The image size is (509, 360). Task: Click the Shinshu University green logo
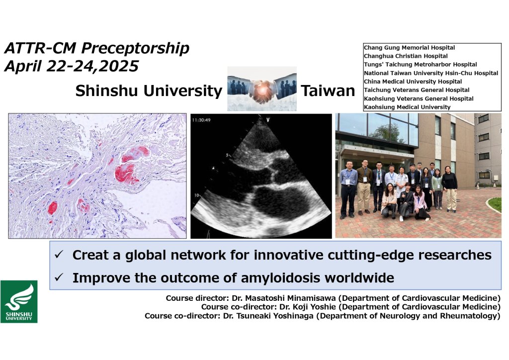click(x=19, y=301)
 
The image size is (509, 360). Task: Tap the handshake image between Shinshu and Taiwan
click(x=262, y=89)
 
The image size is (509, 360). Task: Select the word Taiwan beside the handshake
click(x=328, y=90)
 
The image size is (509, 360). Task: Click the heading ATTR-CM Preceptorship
click(x=96, y=48)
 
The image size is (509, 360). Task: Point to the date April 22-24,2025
click(x=72, y=66)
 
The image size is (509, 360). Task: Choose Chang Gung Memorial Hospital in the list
click(x=410, y=48)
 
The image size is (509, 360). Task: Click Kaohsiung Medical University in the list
click(x=407, y=107)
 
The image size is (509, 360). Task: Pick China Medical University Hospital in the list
click(x=413, y=82)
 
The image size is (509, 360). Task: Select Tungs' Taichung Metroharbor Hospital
click(x=421, y=65)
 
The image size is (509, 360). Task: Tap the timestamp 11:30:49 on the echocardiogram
click(x=201, y=120)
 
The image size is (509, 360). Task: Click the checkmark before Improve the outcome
click(x=59, y=277)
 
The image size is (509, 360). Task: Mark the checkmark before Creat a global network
click(x=59, y=255)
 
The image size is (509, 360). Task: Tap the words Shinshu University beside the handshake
click(x=149, y=91)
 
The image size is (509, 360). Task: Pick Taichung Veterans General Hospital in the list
click(x=417, y=90)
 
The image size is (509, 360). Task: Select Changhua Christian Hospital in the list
click(x=406, y=56)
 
